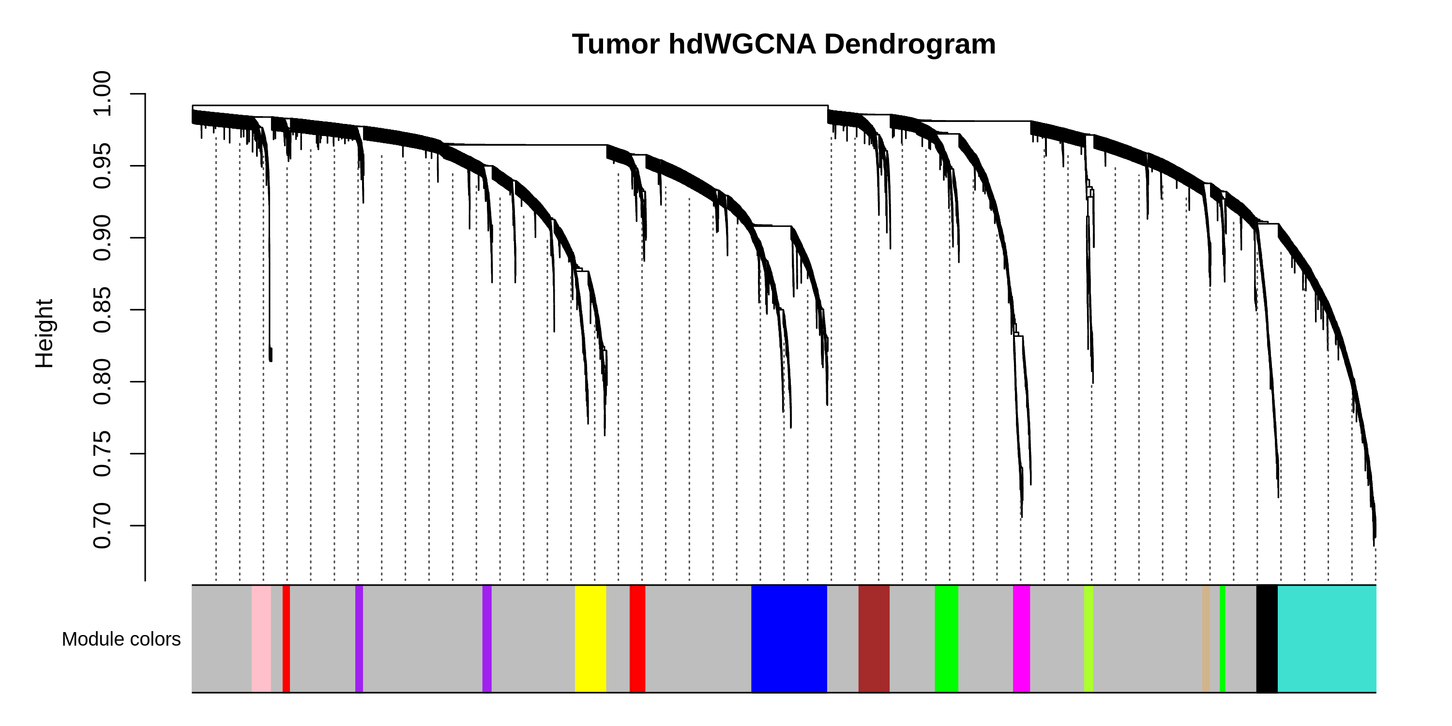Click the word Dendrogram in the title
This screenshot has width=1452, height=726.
click(x=910, y=45)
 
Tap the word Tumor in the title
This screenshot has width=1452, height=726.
click(x=616, y=45)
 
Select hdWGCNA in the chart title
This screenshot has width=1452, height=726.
click(x=742, y=45)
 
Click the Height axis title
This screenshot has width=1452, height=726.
click(x=45, y=333)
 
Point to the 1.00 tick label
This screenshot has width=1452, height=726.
click(x=102, y=94)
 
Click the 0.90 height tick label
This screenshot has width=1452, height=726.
click(x=102, y=238)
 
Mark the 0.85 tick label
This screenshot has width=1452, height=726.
click(x=102, y=310)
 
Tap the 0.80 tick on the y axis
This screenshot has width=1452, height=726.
click(x=102, y=382)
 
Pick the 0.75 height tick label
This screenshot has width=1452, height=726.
click(x=102, y=454)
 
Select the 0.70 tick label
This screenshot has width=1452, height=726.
click(x=102, y=526)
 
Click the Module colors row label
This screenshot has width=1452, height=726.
click(x=121, y=639)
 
